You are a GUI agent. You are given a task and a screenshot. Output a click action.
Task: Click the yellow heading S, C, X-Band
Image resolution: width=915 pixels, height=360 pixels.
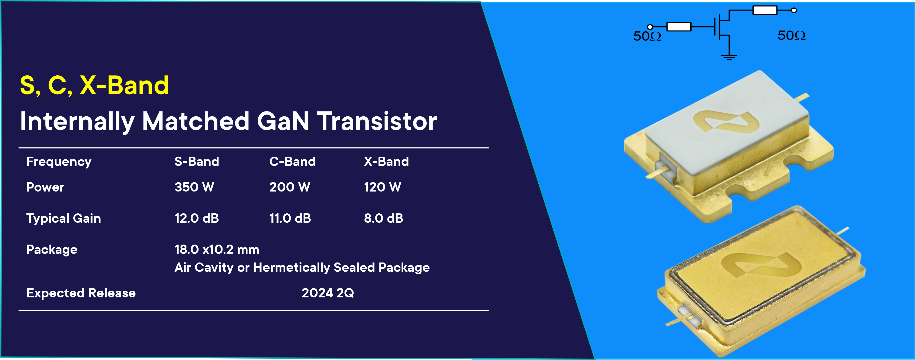coord(94,86)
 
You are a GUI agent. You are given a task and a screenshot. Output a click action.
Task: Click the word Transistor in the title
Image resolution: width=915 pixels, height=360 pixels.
coord(377,121)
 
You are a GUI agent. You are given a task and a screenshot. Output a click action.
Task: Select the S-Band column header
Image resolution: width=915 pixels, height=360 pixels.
coord(196,161)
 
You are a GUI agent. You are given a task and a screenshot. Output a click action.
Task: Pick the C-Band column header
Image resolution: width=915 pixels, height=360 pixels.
coord(292,161)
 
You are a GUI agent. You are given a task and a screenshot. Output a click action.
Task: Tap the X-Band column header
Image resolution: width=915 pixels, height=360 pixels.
coord(386,161)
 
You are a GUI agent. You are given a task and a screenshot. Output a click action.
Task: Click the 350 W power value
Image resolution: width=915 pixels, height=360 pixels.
coord(194,187)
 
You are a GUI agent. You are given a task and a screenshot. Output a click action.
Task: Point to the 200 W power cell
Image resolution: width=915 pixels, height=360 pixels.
coord(290,187)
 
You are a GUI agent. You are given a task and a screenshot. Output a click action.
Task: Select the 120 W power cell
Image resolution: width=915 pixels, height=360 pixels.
coord(383,187)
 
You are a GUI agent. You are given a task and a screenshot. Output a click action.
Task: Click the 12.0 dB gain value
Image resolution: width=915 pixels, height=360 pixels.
coord(196,218)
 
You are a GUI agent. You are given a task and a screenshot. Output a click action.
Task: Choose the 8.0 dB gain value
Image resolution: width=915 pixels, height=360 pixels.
coord(384,218)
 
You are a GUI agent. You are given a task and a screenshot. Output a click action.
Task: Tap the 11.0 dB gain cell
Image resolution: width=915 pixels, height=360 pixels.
coord(290,218)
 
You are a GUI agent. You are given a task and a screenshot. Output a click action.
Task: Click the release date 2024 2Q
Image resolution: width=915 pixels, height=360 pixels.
coord(328,293)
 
